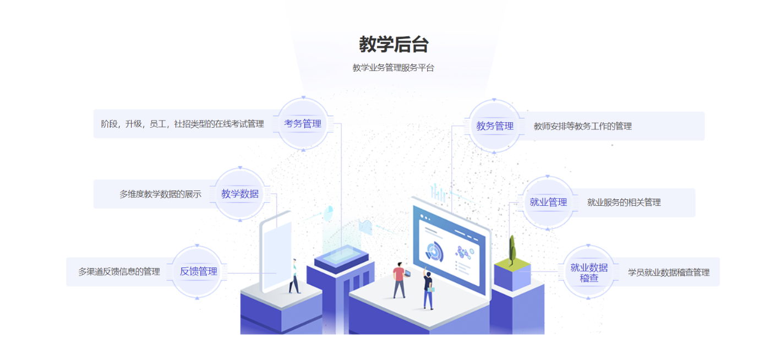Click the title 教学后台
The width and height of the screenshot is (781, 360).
394,44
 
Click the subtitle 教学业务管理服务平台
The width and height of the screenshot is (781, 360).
394,68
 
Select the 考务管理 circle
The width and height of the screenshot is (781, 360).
303,124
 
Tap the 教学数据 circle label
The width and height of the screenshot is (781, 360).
240,194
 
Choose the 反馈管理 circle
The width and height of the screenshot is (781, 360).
198,271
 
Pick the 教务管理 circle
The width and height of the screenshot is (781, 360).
495,126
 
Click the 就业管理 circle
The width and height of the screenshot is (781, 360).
548,202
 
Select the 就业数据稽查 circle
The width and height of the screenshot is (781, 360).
589,272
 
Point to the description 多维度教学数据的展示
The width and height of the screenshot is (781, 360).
160,194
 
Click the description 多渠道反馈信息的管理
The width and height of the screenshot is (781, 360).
119,272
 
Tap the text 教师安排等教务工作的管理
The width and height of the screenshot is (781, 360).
583,127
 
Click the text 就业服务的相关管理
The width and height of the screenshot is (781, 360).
624,203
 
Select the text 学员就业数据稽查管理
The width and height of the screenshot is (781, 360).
669,272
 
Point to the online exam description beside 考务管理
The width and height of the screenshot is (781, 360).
182,124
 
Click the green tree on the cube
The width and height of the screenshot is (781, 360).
512,250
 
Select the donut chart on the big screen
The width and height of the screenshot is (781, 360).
434,251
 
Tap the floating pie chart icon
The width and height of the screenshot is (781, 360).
329,212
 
